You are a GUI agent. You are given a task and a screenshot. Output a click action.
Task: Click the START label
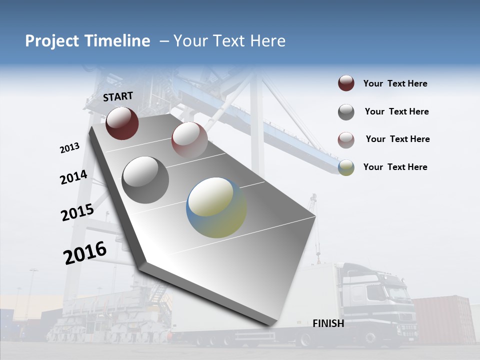(118, 96)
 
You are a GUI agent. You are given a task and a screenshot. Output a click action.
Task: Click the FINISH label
(328, 323)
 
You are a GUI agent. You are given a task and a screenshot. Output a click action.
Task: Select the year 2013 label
(69, 148)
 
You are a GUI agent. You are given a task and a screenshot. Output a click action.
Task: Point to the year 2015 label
(77, 212)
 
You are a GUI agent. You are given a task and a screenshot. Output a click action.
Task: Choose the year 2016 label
(85, 253)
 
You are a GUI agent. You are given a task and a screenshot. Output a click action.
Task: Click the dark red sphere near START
(122, 123)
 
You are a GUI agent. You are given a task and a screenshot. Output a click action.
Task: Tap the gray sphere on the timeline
(145, 179)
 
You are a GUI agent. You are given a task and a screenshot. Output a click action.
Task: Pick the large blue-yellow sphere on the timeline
(216, 207)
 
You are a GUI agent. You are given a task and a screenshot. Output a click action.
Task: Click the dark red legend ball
(346, 83)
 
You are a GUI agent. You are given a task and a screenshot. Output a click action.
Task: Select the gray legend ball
(346, 112)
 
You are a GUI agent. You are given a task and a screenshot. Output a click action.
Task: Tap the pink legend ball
(346, 140)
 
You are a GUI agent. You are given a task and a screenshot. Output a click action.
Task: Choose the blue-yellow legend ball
(346, 167)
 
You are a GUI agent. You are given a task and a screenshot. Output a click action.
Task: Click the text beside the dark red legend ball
(395, 84)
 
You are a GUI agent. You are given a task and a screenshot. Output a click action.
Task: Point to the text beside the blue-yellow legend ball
(395, 167)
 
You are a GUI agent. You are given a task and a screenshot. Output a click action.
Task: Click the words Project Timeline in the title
(87, 41)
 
